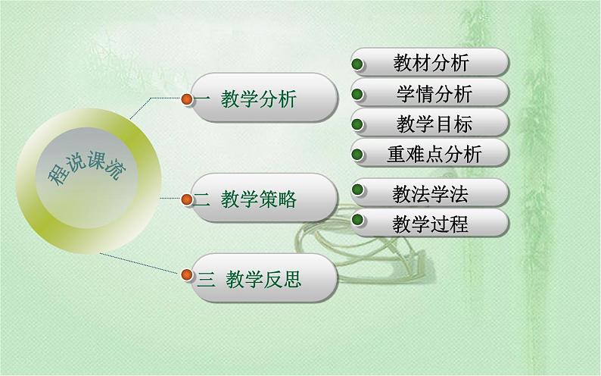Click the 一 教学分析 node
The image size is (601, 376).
click(261, 99)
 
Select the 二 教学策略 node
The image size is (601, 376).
click(261, 199)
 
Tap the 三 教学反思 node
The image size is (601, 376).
click(261, 280)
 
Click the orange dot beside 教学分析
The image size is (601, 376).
click(186, 98)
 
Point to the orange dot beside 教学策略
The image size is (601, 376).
click(186, 199)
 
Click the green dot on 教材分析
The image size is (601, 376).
click(360, 63)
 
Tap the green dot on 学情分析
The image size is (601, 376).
click(360, 94)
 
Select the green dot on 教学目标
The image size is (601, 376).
click(360, 124)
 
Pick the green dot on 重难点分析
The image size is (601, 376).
click(360, 155)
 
